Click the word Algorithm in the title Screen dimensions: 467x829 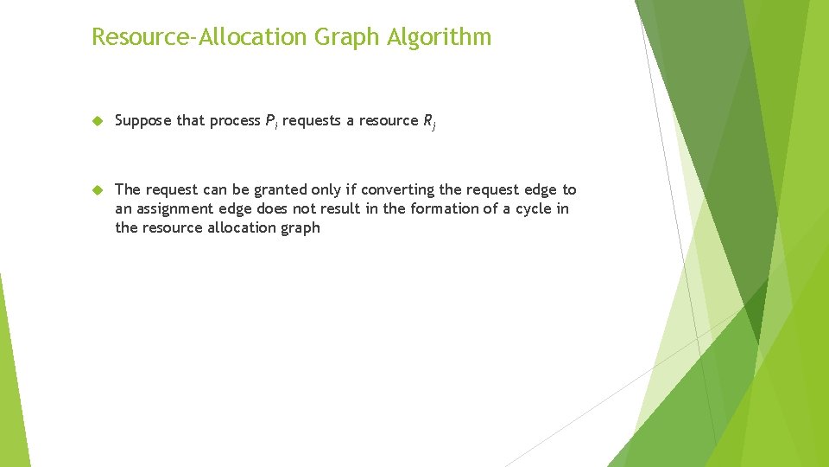(440, 37)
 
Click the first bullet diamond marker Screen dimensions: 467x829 (98, 121)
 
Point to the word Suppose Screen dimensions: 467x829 (142, 121)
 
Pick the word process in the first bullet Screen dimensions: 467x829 (234, 121)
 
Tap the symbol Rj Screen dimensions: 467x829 (428, 122)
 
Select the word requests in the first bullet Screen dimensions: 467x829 (312, 121)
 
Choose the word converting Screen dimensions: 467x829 (398, 190)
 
